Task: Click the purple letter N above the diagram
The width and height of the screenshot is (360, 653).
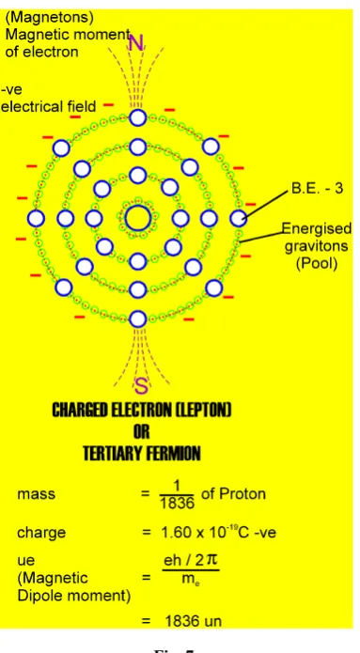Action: point(136,42)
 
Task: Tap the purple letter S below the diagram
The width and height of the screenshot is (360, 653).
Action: point(142,387)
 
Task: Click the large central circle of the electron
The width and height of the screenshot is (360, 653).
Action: point(138,218)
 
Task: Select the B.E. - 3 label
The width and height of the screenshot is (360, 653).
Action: point(318,189)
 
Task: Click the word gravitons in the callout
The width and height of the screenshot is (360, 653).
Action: point(316,246)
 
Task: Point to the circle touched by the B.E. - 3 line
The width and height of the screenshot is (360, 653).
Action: point(239,218)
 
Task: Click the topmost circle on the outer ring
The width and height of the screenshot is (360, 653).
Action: point(138,117)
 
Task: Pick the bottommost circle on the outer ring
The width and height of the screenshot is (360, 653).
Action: point(138,319)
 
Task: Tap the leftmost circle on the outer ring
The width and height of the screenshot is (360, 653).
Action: point(37,218)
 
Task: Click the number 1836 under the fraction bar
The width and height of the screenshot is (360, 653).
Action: point(177,503)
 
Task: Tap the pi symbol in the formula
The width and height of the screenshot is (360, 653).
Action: point(211,561)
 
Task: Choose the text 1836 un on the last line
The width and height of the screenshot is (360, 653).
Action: point(193,621)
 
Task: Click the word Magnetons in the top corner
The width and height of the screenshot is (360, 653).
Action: point(49,18)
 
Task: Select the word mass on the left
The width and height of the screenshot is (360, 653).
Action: point(37,495)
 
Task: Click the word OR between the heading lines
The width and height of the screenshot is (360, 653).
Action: point(142,432)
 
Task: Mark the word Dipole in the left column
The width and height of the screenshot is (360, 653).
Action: point(39,597)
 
